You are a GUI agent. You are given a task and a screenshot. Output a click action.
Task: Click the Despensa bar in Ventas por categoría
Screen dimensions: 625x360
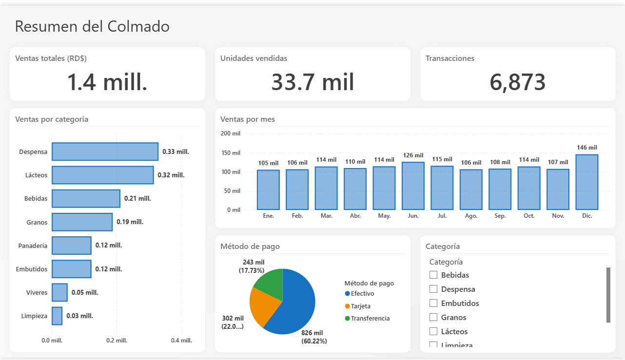click(x=105, y=152)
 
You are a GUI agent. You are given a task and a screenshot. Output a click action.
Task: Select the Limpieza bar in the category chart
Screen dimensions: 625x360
click(x=57, y=316)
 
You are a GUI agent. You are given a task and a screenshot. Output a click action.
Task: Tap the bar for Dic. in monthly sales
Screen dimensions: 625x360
click(x=587, y=182)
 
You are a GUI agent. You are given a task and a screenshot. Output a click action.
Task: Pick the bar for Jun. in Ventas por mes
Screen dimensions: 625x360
click(x=413, y=186)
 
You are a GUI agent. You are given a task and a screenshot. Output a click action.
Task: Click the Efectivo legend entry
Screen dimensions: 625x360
click(x=360, y=293)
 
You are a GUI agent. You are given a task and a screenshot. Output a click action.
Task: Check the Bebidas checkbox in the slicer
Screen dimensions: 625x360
click(x=433, y=275)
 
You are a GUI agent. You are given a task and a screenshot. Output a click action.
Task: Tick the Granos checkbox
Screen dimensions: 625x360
click(x=433, y=317)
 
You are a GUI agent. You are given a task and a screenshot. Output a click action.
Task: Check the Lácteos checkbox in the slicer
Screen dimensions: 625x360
click(x=433, y=331)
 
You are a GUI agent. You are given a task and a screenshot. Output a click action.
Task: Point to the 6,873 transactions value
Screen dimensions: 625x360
click(x=518, y=82)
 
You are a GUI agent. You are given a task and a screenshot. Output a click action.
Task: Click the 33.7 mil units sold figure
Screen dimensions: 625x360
click(x=312, y=82)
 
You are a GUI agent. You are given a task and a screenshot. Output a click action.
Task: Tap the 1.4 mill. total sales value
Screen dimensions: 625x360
click(x=107, y=82)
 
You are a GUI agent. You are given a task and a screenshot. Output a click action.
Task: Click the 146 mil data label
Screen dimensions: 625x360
click(x=587, y=147)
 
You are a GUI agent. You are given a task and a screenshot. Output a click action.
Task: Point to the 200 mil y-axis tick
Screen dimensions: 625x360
click(x=230, y=133)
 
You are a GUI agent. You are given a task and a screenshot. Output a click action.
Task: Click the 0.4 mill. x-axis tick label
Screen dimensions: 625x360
click(x=181, y=340)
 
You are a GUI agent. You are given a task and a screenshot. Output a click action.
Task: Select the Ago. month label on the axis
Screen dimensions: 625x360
click(x=471, y=216)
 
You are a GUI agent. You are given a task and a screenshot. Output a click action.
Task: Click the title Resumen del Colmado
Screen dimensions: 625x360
click(x=92, y=26)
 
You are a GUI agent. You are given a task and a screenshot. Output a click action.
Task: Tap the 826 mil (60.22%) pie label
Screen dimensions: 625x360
click(x=314, y=337)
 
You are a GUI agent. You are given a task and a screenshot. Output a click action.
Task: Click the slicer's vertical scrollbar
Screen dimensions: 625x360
click(x=608, y=295)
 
